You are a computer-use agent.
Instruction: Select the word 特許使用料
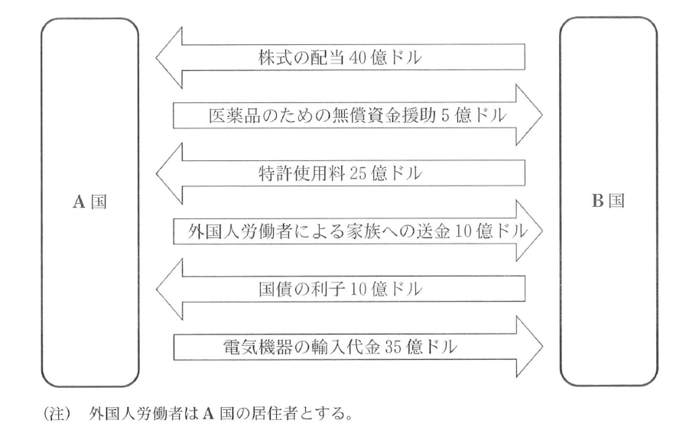tap(289, 173)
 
